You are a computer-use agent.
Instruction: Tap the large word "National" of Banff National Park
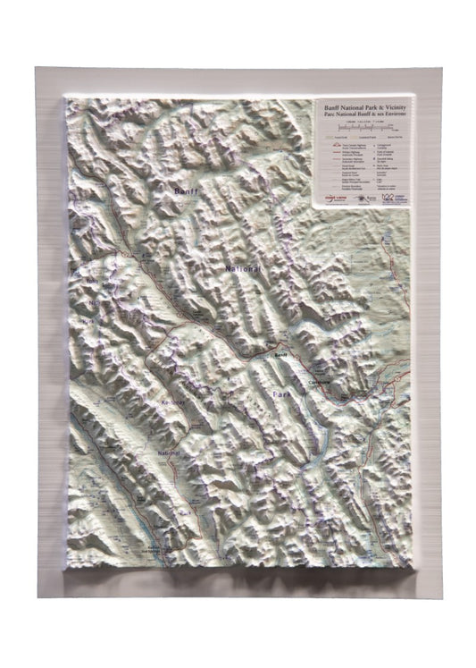coord(243,268)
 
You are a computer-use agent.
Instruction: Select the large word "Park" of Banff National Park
coord(282,393)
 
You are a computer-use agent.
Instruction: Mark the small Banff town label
coord(280,356)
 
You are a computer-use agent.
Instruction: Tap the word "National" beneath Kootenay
coord(169,453)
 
